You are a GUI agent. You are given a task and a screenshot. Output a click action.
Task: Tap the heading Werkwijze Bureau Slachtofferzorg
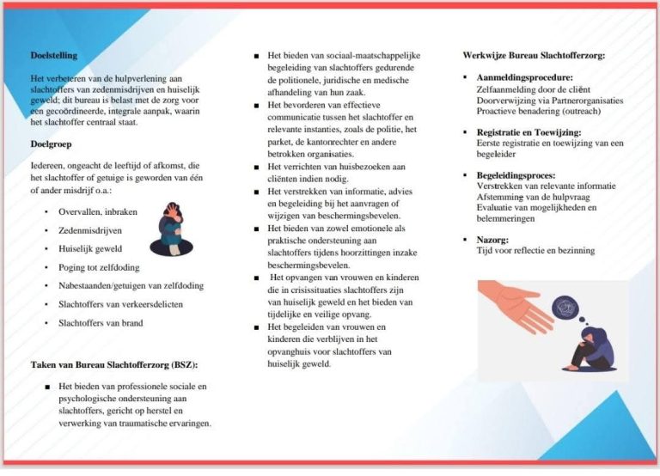(x=534, y=55)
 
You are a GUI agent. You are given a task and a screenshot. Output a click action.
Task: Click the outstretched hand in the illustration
(x=507, y=301)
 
